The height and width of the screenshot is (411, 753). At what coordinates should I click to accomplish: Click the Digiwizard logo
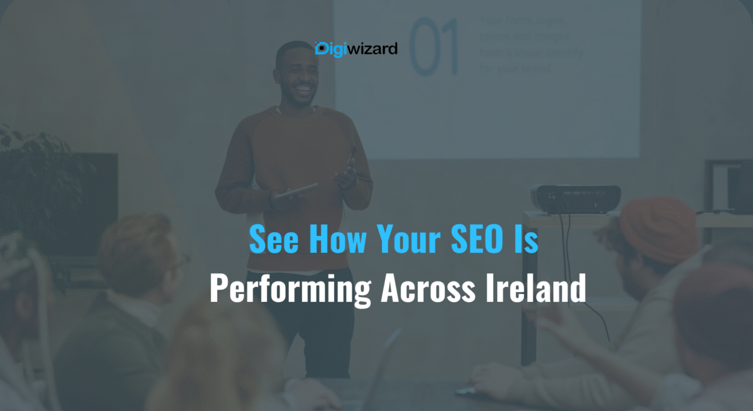[x=356, y=48]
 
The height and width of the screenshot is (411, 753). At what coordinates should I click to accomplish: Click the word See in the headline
[x=274, y=239]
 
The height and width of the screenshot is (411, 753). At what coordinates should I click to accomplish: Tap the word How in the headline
[x=337, y=239]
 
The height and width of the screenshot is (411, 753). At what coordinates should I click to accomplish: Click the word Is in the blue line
[x=528, y=239]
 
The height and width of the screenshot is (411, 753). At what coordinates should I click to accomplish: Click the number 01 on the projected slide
[x=434, y=47]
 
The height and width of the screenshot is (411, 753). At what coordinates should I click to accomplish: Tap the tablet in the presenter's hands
[x=297, y=190]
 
